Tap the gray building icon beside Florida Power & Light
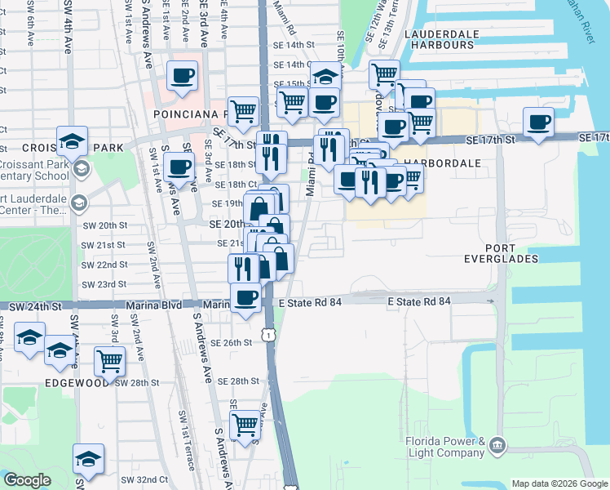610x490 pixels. tap(497, 447)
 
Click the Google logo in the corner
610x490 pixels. tap(27, 480)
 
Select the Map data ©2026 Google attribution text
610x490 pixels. tap(559, 483)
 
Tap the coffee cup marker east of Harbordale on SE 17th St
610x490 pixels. tap(538, 122)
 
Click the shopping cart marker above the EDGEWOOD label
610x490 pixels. tap(109, 359)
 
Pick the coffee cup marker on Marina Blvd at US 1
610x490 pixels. tap(246, 297)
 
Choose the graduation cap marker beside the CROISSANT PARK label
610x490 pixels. tap(72, 140)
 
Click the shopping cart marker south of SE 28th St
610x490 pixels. tap(245, 425)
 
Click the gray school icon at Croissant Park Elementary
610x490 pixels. tap(80, 169)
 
